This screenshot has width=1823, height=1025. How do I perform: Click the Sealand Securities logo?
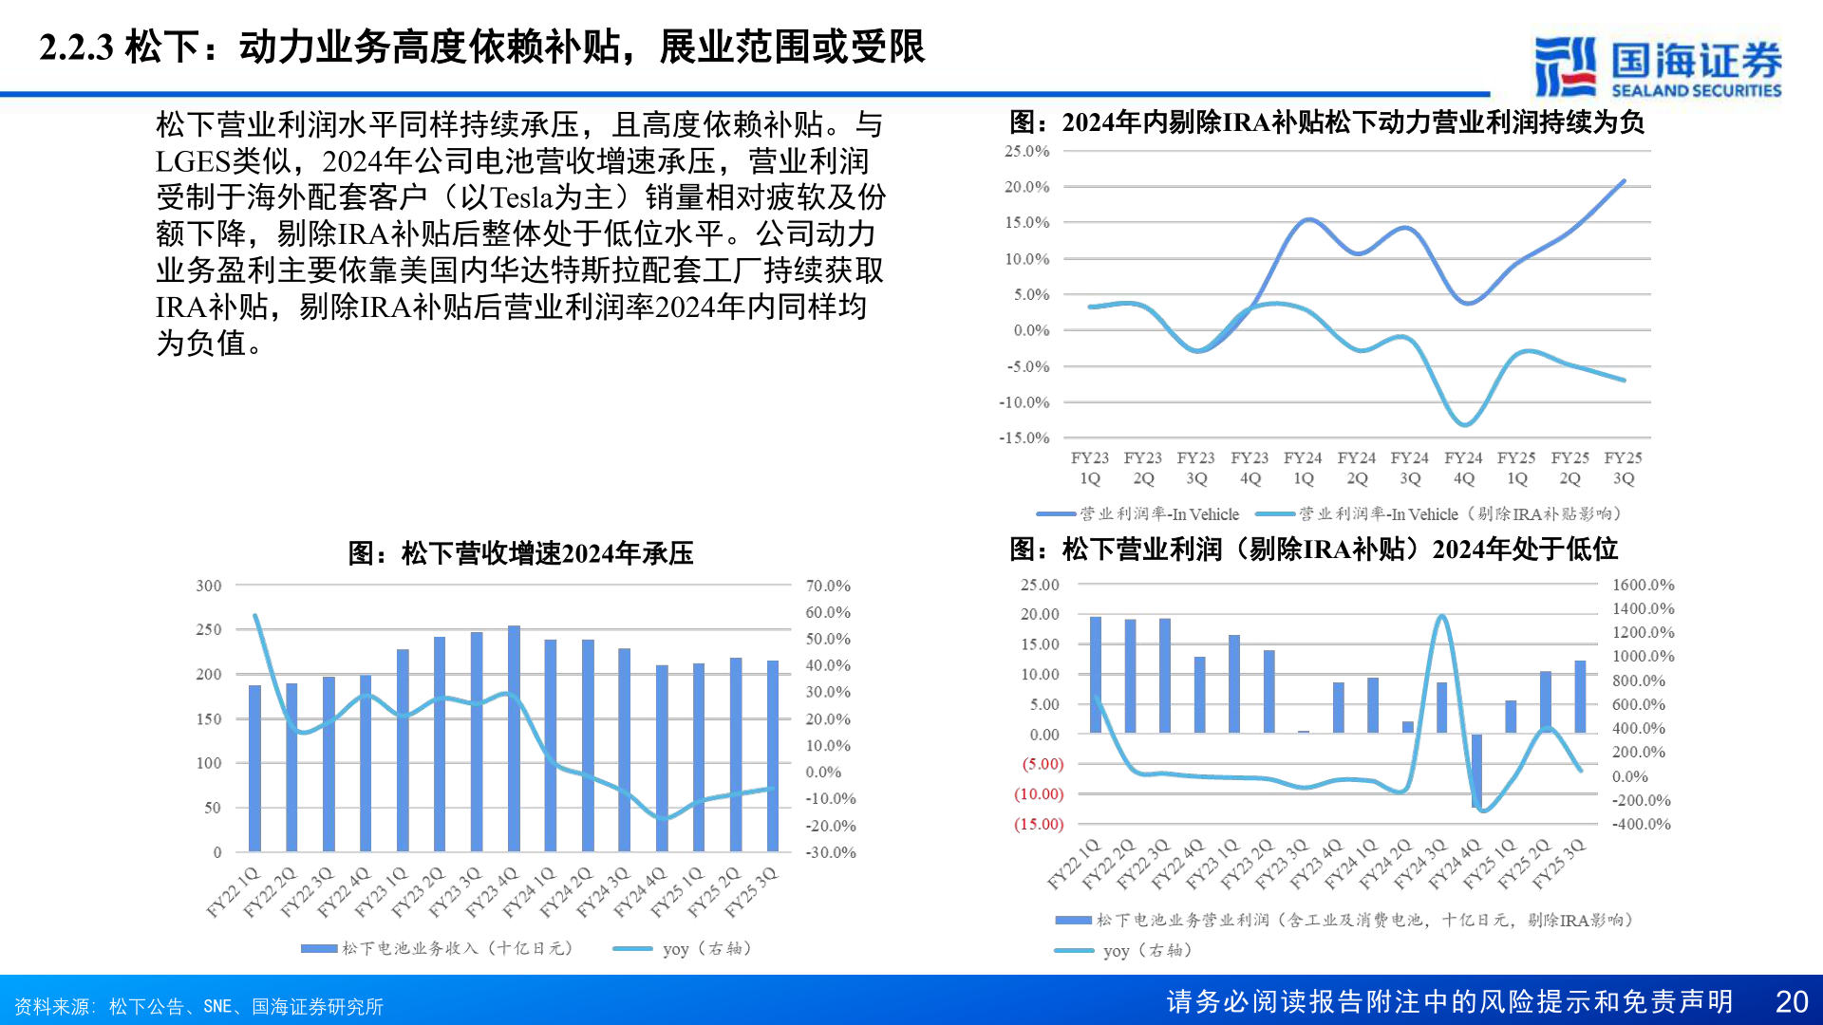[x=1657, y=66]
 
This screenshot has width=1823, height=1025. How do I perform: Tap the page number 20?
[x=1792, y=1001]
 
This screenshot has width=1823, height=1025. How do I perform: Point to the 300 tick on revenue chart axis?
[x=209, y=586]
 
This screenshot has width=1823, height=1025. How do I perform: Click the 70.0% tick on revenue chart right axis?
[x=828, y=586]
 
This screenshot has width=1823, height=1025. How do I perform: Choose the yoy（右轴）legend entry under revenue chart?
[x=684, y=948]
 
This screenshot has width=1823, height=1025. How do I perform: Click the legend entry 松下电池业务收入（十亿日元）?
[x=437, y=948]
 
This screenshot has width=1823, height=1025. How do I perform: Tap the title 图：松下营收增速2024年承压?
[x=520, y=553]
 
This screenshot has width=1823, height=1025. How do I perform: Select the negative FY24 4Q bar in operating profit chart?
[x=1476, y=771]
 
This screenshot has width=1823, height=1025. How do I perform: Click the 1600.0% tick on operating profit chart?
[x=1643, y=585]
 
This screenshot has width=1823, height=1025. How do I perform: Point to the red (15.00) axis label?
[x=1039, y=824]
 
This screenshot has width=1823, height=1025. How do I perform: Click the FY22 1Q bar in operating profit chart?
[x=1096, y=675]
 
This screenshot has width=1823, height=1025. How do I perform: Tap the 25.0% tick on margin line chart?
[x=1026, y=151]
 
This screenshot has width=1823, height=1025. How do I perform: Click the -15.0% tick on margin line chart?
[x=1024, y=438]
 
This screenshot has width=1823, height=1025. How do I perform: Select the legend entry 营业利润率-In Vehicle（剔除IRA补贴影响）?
[x=1440, y=513]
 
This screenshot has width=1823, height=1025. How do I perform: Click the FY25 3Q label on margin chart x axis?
[x=1624, y=468]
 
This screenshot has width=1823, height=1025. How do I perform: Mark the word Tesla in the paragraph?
[x=521, y=197]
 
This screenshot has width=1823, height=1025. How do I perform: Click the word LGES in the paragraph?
[x=194, y=161]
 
